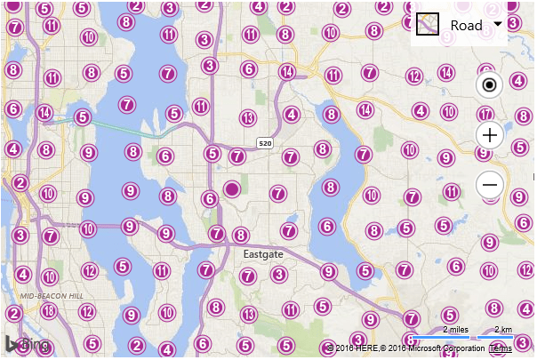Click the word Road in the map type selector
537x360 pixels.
[x=467, y=25]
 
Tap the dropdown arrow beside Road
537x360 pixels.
[x=497, y=24]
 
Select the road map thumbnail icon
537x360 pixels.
[x=429, y=25]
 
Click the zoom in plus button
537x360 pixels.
[x=490, y=135]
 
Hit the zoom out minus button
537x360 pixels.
[x=490, y=185]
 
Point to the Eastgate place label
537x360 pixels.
[x=264, y=254]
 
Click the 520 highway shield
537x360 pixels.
[x=265, y=143]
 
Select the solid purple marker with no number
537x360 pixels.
[x=233, y=189]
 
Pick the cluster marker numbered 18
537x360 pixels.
[x=49, y=311]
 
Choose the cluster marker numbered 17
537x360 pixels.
[x=485, y=115]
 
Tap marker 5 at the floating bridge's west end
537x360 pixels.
[x=83, y=116]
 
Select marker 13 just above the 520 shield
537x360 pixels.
[x=248, y=118]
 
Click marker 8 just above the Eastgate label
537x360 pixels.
[x=240, y=236]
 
